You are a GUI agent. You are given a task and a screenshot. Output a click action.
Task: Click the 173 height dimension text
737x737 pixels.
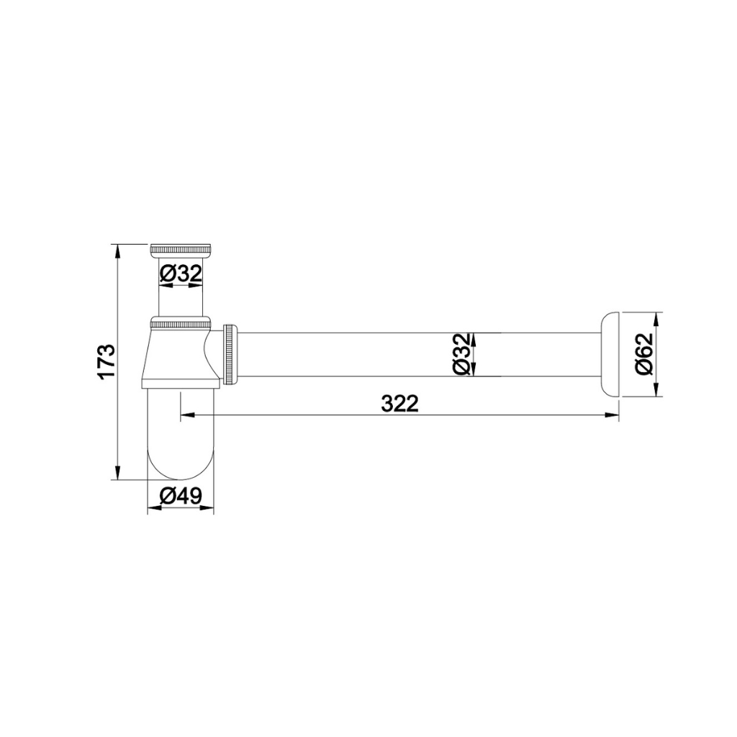(x=106, y=362)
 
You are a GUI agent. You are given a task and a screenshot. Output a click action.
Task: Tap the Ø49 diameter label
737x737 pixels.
(x=181, y=496)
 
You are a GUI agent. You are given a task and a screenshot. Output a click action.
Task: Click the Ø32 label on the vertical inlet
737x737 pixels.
(x=180, y=273)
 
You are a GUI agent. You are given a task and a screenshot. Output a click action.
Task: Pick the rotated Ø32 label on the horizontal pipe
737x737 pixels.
(x=462, y=355)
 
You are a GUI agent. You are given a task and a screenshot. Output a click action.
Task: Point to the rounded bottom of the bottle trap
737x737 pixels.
(x=181, y=461)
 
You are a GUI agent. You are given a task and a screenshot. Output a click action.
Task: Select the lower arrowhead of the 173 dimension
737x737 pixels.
(x=117, y=474)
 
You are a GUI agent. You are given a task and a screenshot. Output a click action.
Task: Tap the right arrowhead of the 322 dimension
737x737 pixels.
(x=613, y=415)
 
